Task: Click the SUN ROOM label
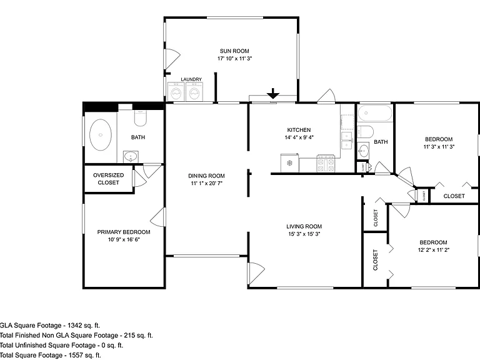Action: click(x=234, y=51)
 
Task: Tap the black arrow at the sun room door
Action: click(x=272, y=93)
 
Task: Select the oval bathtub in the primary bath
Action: click(x=101, y=135)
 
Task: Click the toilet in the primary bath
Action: click(x=141, y=118)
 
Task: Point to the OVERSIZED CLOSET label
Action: click(x=108, y=179)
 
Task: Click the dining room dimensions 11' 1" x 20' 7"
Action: click(x=207, y=183)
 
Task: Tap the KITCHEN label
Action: click(x=299, y=130)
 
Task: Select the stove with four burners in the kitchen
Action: click(x=326, y=164)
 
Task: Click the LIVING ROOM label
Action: click(x=304, y=226)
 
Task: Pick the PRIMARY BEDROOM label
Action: click(x=124, y=232)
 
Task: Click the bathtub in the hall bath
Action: click(x=375, y=113)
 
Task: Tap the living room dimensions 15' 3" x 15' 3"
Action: click(x=304, y=234)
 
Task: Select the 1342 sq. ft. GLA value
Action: click(x=84, y=326)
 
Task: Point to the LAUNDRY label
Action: click(x=191, y=79)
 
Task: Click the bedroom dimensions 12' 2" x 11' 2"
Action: click(x=434, y=250)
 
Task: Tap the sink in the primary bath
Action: click(x=131, y=157)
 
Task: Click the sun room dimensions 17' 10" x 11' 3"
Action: click(x=234, y=59)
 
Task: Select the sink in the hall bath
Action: click(x=363, y=151)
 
